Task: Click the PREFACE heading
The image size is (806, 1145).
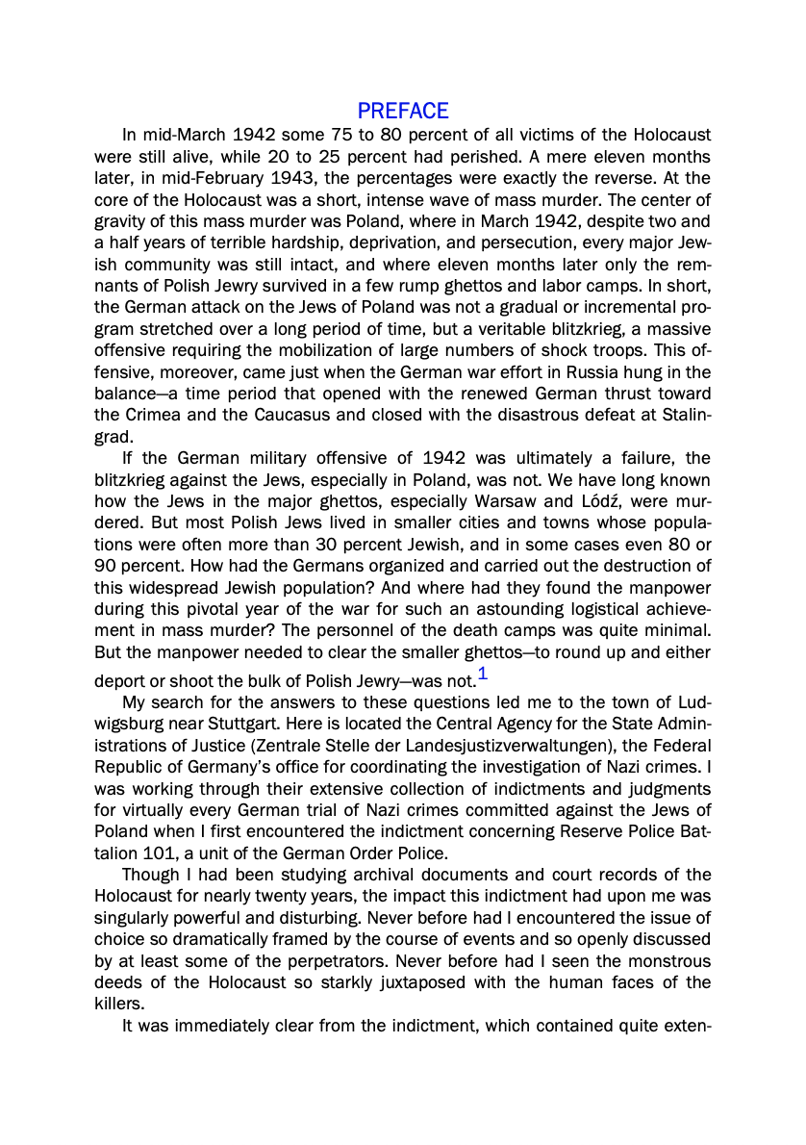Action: coord(403,112)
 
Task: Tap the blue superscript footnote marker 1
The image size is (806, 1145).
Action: coord(483,674)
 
